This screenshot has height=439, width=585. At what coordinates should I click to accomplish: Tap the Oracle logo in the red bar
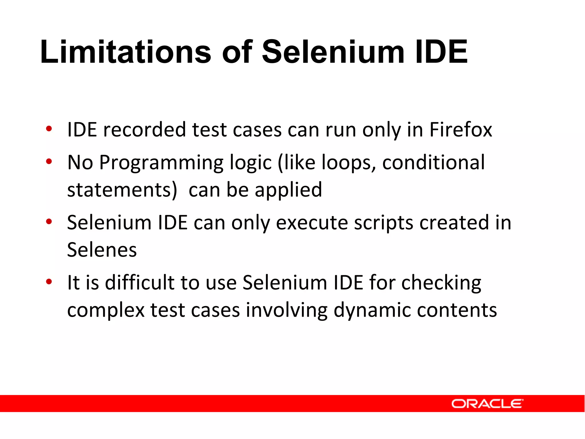487,404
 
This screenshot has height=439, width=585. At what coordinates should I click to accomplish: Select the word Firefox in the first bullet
461,130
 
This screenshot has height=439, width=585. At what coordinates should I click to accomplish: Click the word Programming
161,163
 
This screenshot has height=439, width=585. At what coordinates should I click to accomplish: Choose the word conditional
433,162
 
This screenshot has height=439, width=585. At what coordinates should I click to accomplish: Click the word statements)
122,190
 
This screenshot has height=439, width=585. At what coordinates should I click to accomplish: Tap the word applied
288,190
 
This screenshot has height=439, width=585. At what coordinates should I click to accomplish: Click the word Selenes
102,250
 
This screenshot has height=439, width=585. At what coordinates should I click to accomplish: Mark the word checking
441,283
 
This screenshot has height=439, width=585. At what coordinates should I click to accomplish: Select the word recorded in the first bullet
145,130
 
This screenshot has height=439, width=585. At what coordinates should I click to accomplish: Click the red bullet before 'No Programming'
49,161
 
